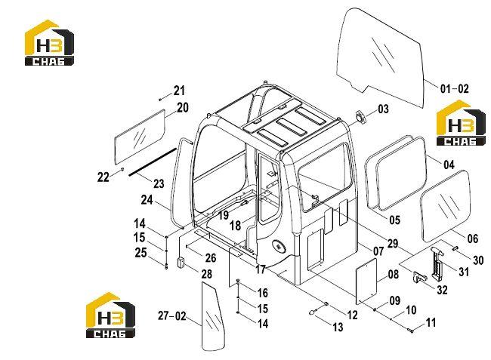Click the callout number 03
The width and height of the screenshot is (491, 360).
(x=383, y=109)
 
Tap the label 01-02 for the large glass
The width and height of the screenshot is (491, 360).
(x=454, y=89)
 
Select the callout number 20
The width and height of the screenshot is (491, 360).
(x=183, y=108)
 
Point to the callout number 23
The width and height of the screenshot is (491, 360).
(x=159, y=183)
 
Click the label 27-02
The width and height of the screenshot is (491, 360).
(x=172, y=316)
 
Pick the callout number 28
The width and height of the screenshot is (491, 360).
(x=207, y=274)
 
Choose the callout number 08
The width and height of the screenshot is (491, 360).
(x=394, y=274)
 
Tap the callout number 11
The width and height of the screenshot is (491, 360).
(x=431, y=322)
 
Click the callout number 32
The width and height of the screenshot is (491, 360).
(x=442, y=290)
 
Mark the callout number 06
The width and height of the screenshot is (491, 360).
(x=473, y=238)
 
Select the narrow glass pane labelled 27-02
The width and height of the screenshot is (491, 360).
(x=212, y=316)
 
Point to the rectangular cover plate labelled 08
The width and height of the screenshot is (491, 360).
(x=366, y=282)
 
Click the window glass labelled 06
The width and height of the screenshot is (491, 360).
(x=445, y=206)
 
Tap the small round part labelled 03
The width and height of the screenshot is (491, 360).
(x=360, y=116)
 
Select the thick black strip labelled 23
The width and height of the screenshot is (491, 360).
(x=153, y=162)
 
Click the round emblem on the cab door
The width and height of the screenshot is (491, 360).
(x=279, y=246)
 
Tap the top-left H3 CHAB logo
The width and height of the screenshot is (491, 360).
(x=49, y=43)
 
